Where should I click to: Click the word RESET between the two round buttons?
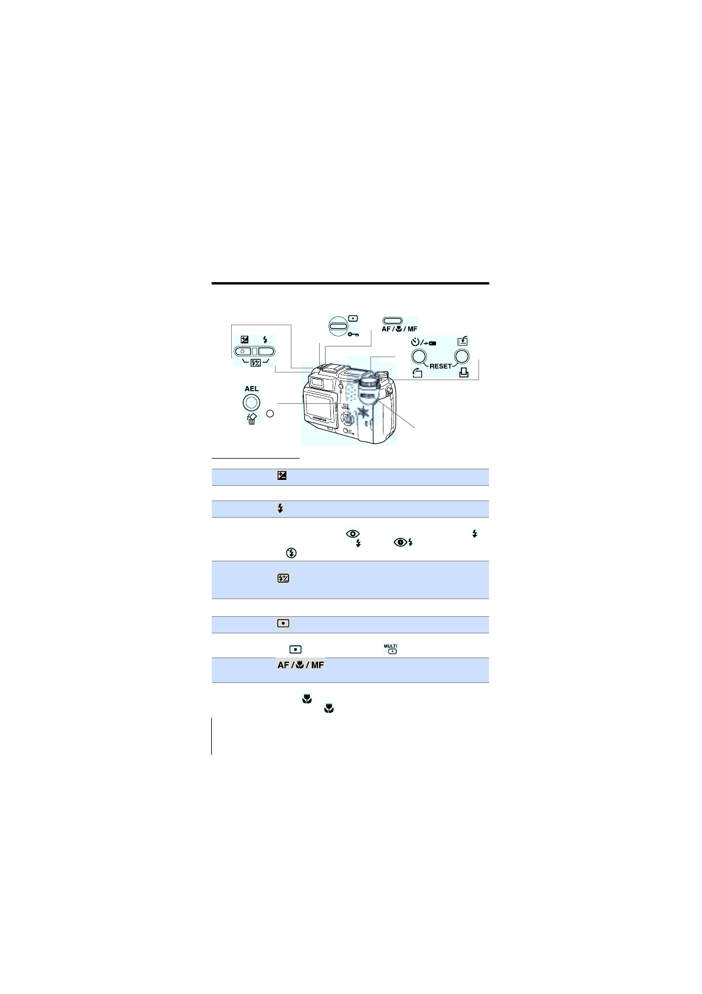440,366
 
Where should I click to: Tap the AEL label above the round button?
251,388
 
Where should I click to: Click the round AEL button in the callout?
251,403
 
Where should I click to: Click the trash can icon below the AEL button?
251,420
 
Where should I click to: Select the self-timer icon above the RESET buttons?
415,341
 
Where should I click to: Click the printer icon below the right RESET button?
464,372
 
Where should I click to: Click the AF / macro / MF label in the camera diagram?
399,329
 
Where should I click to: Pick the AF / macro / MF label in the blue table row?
300,665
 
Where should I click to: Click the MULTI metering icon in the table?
391,649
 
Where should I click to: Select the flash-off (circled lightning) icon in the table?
291,553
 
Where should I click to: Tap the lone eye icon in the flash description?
353,534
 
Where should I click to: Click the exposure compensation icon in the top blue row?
282,476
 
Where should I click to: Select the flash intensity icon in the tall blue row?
283,578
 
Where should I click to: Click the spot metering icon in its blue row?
283,623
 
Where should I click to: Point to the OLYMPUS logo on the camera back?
319,420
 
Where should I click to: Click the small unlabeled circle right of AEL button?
270,413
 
